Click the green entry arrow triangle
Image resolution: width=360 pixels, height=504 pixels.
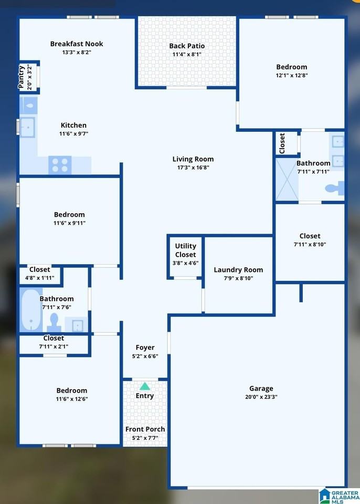tap(145, 386)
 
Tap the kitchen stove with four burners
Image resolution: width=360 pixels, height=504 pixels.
tap(60, 165)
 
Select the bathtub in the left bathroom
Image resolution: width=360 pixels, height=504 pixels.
tap(31, 309)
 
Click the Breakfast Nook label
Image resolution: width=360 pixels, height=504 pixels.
tap(77, 44)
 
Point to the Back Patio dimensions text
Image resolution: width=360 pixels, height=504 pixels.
tap(186, 54)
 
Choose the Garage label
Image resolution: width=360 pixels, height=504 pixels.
tap(261, 388)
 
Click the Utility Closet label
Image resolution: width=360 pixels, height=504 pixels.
tap(185, 250)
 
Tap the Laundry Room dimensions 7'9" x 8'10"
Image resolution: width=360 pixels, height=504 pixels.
tap(238, 278)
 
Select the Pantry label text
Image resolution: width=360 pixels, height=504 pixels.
tap(22, 77)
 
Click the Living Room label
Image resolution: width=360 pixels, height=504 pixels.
tap(193, 159)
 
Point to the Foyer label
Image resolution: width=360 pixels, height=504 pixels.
tap(145, 348)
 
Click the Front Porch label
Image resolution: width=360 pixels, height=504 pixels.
tap(145, 429)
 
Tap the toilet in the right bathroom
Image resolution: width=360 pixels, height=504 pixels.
tap(334, 188)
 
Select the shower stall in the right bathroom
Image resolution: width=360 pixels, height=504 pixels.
tap(287, 179)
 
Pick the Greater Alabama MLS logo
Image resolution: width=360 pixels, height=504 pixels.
tap(338, 496)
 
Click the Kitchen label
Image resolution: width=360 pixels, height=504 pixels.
tap(73, 125)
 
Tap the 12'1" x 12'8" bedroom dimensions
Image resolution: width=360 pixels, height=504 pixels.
tap(292, 75)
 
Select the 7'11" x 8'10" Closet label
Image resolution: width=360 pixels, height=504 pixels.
tap(310, 236)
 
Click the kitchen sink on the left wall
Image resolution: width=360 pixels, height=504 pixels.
tap(27, 127)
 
